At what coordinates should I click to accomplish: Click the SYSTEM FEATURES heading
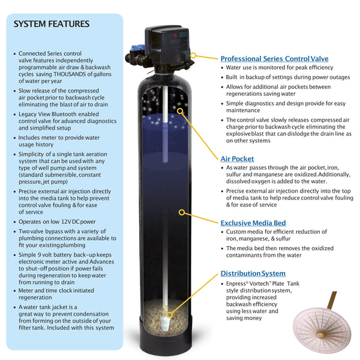(52, 24)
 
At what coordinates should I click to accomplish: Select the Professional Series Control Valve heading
(274, 59)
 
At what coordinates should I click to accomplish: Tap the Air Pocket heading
(237, 159)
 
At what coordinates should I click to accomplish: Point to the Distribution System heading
(253, 274)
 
